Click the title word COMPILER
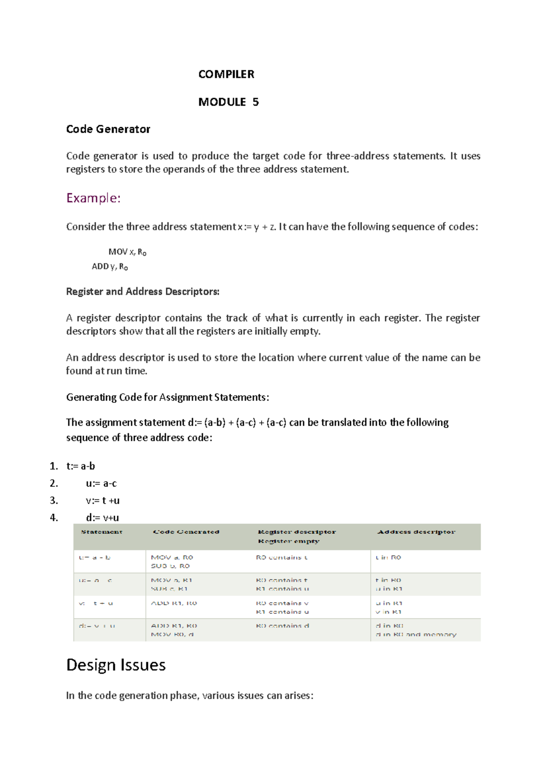(x=226, y=74)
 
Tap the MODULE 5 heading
(x=228, y=102)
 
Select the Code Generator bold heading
(x=108, y=129)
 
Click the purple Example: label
(x=93, y=198)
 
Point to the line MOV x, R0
(x=127, y=252)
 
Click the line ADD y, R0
(x=110, y=267)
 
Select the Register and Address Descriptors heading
(x=143, y=292)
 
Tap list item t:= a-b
(x=81, y=466)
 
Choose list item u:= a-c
(x=101, y=484)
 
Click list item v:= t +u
(x=103, y=500)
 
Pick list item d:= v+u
(x=103, y=518)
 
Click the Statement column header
(x=102, y=532)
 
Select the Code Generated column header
(x=186, y=532)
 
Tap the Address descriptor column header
(x=416, y=532)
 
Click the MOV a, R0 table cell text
(x=172, y=557)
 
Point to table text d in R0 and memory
(x=416, y=634)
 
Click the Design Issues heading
(x=116, y=665)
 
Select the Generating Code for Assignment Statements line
(x=167, y=397)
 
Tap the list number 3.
(x=54, y=500)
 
